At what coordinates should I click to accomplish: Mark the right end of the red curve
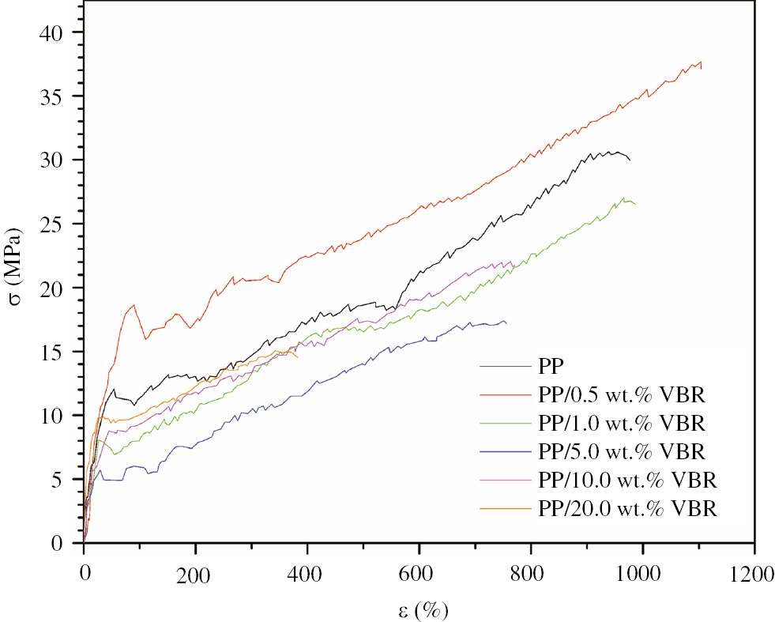[701, 68]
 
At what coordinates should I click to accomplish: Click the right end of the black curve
[630, 160]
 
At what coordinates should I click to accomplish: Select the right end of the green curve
[635, 204]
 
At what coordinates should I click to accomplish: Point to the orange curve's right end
[298, 357]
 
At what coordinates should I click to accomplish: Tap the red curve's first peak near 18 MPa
[134, 305]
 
